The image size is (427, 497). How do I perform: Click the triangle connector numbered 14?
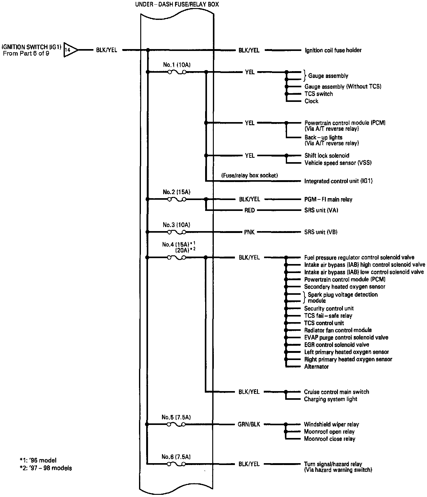70,50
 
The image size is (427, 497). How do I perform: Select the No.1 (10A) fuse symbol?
177,72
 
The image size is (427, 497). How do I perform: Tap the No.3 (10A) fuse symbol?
177,232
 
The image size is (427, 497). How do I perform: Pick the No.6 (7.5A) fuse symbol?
177,464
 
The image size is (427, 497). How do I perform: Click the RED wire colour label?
249,210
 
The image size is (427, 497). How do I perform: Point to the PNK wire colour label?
249,232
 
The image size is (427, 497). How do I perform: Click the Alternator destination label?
316,367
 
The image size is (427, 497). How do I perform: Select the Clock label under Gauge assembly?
312,101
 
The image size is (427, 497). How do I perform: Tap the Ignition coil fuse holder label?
333,50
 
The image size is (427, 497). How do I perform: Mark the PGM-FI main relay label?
328,199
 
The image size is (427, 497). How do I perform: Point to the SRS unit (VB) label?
321,232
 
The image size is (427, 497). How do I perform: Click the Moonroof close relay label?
330,439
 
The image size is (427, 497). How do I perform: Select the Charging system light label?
330,399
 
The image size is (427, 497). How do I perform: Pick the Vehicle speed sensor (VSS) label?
338,163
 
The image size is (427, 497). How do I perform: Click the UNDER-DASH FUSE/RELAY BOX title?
177,5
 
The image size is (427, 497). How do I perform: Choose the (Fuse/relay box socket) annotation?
249,176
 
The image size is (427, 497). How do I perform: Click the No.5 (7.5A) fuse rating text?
176,417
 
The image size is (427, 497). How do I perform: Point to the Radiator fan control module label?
338,330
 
